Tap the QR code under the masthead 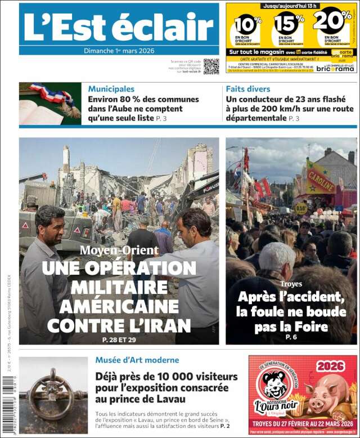(x=211, y=66)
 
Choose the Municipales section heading (x=111, y=88)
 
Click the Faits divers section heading (x=248, y=88)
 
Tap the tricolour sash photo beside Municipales (x=50, y=104)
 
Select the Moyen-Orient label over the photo (x=119, y=250)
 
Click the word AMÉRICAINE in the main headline (x=119, y=306)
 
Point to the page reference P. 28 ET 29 (x=119, y=339)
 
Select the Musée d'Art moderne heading (x=137, y=360)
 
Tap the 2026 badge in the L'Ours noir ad (x=330, y=367)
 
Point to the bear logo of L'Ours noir (x=274, y=385)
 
